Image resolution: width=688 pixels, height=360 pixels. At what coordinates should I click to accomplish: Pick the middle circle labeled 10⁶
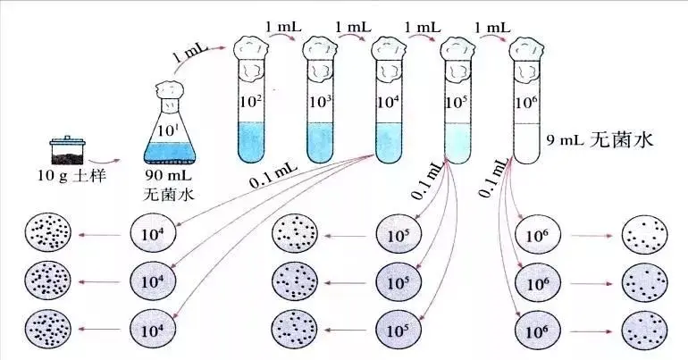coord(538,282)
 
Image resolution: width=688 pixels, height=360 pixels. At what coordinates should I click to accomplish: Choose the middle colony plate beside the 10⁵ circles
coord(295,282)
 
